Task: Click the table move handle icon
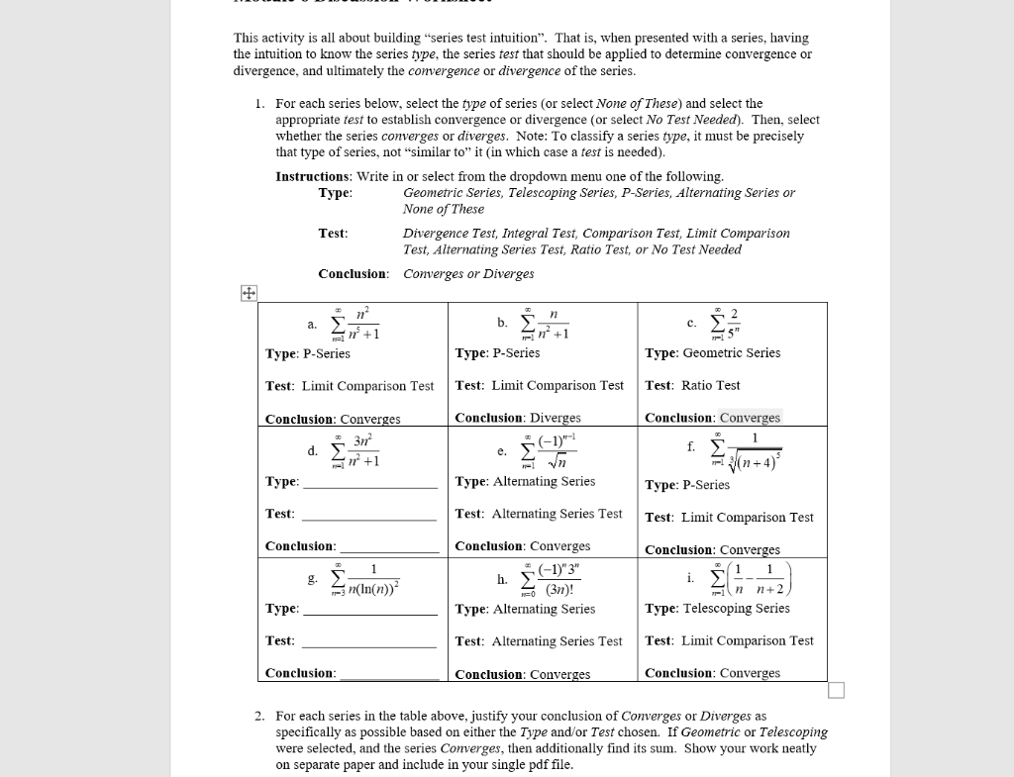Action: coord(248,293)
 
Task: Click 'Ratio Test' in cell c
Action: coord(710,386)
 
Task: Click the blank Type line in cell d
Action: coord(369,482)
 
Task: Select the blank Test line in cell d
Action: coord(368,515)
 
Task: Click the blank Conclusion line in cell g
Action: coord(388,674)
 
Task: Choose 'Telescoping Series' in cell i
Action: coord(737,609)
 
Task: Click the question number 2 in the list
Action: coord(258,716)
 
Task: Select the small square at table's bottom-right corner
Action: coord(836,690)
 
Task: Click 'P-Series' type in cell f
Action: coord(706,485)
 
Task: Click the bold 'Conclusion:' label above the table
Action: coord(353,274)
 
